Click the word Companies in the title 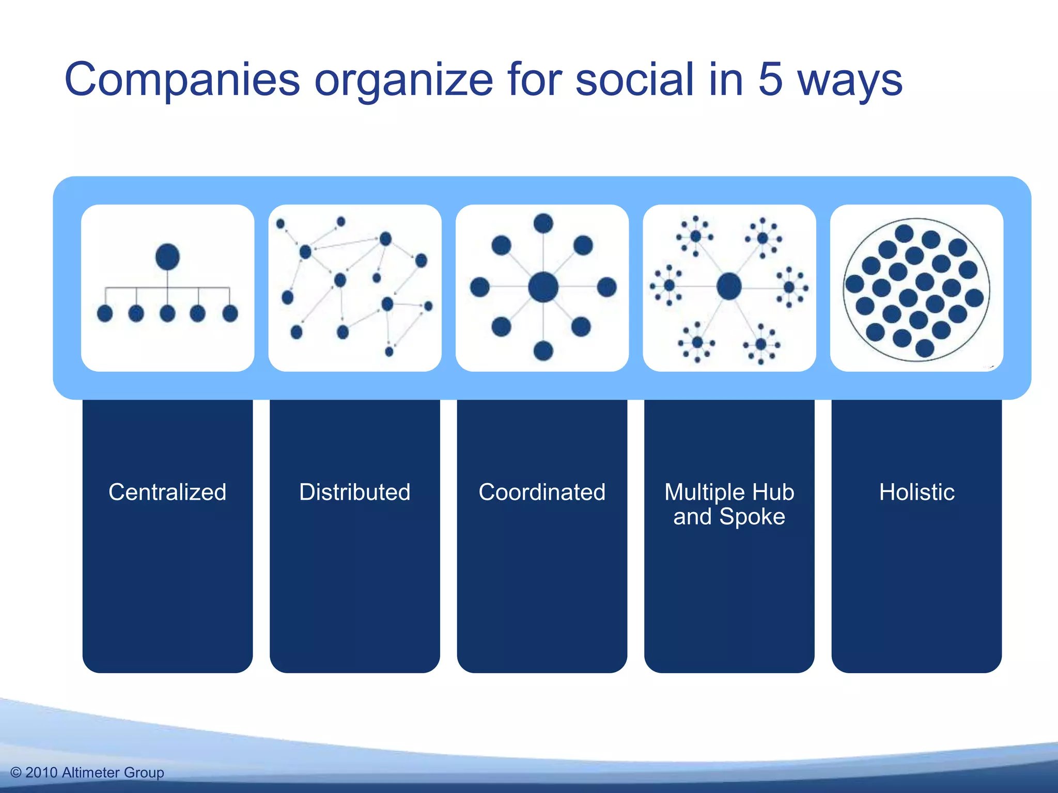coord(182,80)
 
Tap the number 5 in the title coord(770,80)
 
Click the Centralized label coord(167,492)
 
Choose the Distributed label coord(355,492)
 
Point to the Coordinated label coord(542,492)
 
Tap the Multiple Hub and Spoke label coord(729,504)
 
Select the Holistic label coord(916,492)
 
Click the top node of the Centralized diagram coord(167,257)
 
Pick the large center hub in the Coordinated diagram coord(543,287)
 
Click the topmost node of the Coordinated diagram coord(543,224)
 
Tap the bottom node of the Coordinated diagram coord(543,351)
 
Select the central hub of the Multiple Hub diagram coord(729,286)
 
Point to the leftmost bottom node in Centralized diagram coord(105,313)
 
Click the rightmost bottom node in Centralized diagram coord(230,313)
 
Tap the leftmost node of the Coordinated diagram coord(479,287)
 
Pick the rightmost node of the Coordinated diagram coord(606,287)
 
